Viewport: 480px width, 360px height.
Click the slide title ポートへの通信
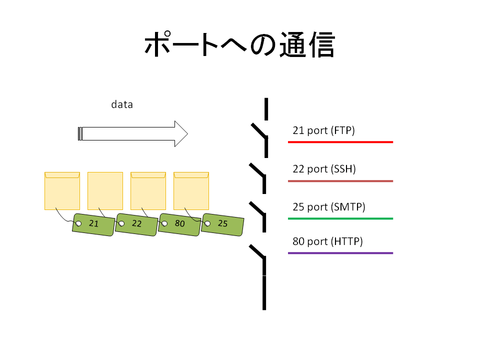tap(239, 44)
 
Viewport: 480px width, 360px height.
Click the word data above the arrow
tap(122, 104)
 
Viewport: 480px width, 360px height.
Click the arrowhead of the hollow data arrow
tap(181, 134)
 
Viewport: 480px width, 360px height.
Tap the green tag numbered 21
tap(93, 224)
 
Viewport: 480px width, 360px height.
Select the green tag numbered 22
tap(136, 224)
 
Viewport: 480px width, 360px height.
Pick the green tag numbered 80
tap(179, 224)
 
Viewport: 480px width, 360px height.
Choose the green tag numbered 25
tap(222, 224)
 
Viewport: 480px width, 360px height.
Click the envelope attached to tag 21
tap(62, 191)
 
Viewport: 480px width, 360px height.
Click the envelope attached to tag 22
tap(105, 191)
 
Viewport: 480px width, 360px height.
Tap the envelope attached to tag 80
tap(148, 191)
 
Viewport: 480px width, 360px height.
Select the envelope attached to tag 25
tap(191, 191)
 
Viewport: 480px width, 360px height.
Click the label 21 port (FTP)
tap(323, 130)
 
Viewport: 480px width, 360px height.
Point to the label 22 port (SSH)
tap(324, 169)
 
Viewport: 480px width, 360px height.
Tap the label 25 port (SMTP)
tap(329, 207)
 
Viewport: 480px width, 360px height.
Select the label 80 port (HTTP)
tap(327, 241)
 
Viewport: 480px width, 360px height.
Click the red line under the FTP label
tap(340, 142)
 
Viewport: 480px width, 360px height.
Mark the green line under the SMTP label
tap(340, 218)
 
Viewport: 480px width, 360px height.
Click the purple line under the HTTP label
tap(340, 253)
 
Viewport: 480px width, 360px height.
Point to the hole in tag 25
tap(207, 223)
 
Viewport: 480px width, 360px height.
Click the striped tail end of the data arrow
tap(80, 134)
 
